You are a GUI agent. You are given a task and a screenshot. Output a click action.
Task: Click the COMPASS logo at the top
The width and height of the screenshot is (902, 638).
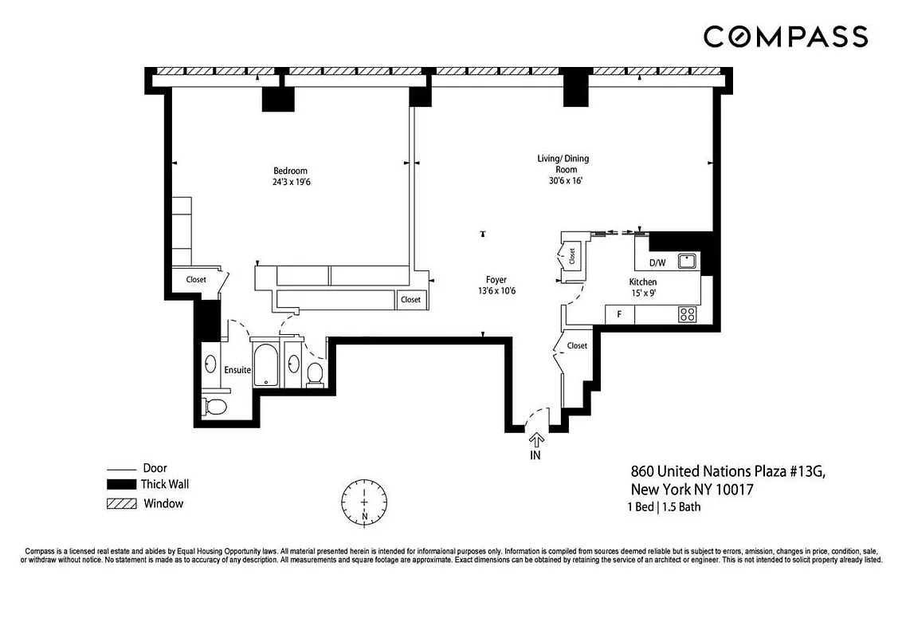point(785,37)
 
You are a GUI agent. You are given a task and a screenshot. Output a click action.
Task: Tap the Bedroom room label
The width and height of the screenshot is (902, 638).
point(290,171)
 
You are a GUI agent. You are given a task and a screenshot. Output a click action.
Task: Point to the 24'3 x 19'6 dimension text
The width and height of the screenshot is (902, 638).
point(290,182)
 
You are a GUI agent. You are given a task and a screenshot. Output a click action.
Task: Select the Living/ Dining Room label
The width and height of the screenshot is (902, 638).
point(563,163)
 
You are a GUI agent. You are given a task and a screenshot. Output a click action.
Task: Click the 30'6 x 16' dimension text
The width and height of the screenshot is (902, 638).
point(563,181)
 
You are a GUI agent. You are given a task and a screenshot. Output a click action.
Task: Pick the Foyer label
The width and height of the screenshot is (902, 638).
point(496,280)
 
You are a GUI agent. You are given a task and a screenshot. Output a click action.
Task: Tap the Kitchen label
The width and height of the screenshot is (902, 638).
point(643,282)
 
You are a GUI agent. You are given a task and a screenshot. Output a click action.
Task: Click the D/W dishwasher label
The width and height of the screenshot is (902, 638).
point(657,262)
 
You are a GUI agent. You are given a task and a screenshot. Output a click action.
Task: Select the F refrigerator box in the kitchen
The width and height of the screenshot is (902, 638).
point(620,315)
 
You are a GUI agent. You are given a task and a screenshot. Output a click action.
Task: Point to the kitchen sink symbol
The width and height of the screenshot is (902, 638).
point(687,261)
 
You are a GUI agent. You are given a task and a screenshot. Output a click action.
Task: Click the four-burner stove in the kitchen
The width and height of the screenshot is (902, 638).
point(688,315)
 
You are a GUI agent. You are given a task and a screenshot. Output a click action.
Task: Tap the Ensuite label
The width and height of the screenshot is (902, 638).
point(237,370)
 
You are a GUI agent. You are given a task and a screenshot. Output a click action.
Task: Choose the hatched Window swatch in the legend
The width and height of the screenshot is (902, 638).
point(121,504)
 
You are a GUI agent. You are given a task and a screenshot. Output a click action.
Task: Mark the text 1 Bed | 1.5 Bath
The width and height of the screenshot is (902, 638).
point(664,507)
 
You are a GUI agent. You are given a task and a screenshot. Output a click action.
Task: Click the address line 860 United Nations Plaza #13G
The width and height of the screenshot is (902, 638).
point(727,472)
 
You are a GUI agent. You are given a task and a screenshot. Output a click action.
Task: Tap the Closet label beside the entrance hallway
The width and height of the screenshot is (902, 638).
point(577,345)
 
